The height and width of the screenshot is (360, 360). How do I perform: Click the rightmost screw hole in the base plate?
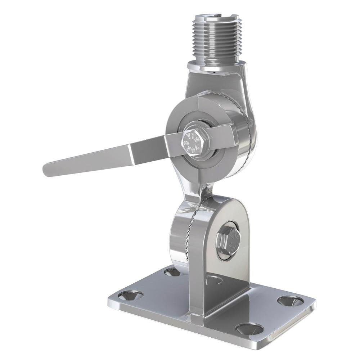[x=290, y=301]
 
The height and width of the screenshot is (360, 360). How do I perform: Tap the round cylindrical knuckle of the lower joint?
[x=178, y=238]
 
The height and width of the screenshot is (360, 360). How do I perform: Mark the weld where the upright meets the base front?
[x=196, y=317]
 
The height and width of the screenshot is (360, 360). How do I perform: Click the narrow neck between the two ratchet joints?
[x=198, y=191]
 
